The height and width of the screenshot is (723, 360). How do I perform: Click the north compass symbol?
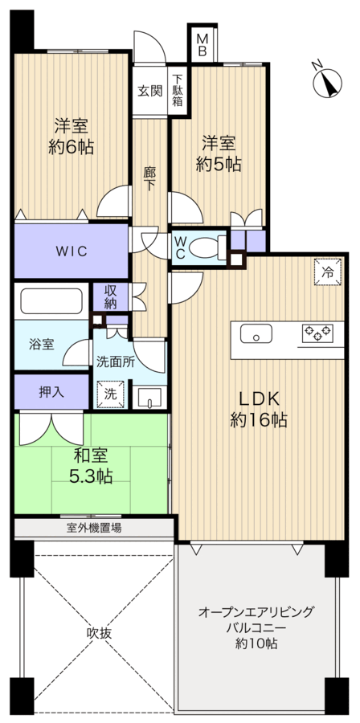pyautogui.click(x=327, y=82)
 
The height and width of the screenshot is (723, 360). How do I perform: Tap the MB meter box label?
pyautogui.click(x=202, y=45)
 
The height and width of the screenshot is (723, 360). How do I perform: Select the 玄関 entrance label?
pyautogui.click(x=150, y=91)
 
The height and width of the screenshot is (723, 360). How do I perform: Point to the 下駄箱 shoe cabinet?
pyautogui.click(x=178, y=91)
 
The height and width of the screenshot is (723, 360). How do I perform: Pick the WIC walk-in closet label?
pyautogui.click(x=71, y=251)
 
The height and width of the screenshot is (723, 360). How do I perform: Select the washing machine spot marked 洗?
pyautogui.click(x=110, y=394)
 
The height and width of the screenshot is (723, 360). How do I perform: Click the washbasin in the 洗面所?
pyautogui.click(x=149, y=398)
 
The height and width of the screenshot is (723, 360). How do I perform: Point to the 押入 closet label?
pyautogui.click(x=51, y=392)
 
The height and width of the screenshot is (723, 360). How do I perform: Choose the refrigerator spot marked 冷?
pyautogui.click(x=328, y=272)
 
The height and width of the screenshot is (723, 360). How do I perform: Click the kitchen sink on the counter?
pyautogui.click(x=256, y=334)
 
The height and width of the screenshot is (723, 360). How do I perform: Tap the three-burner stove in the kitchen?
pyautogui.click(x=317, y=333)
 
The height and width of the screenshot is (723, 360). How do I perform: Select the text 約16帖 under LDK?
pyautogui.click(x=259, y=419)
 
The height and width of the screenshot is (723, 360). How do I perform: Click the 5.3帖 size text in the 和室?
pyautogui.click(x=92, y=476)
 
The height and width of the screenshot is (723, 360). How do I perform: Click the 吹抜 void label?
pyautogui.click(x=99, y=633)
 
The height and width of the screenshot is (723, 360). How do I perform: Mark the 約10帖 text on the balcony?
pyautogui.click(x=256, y=643)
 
